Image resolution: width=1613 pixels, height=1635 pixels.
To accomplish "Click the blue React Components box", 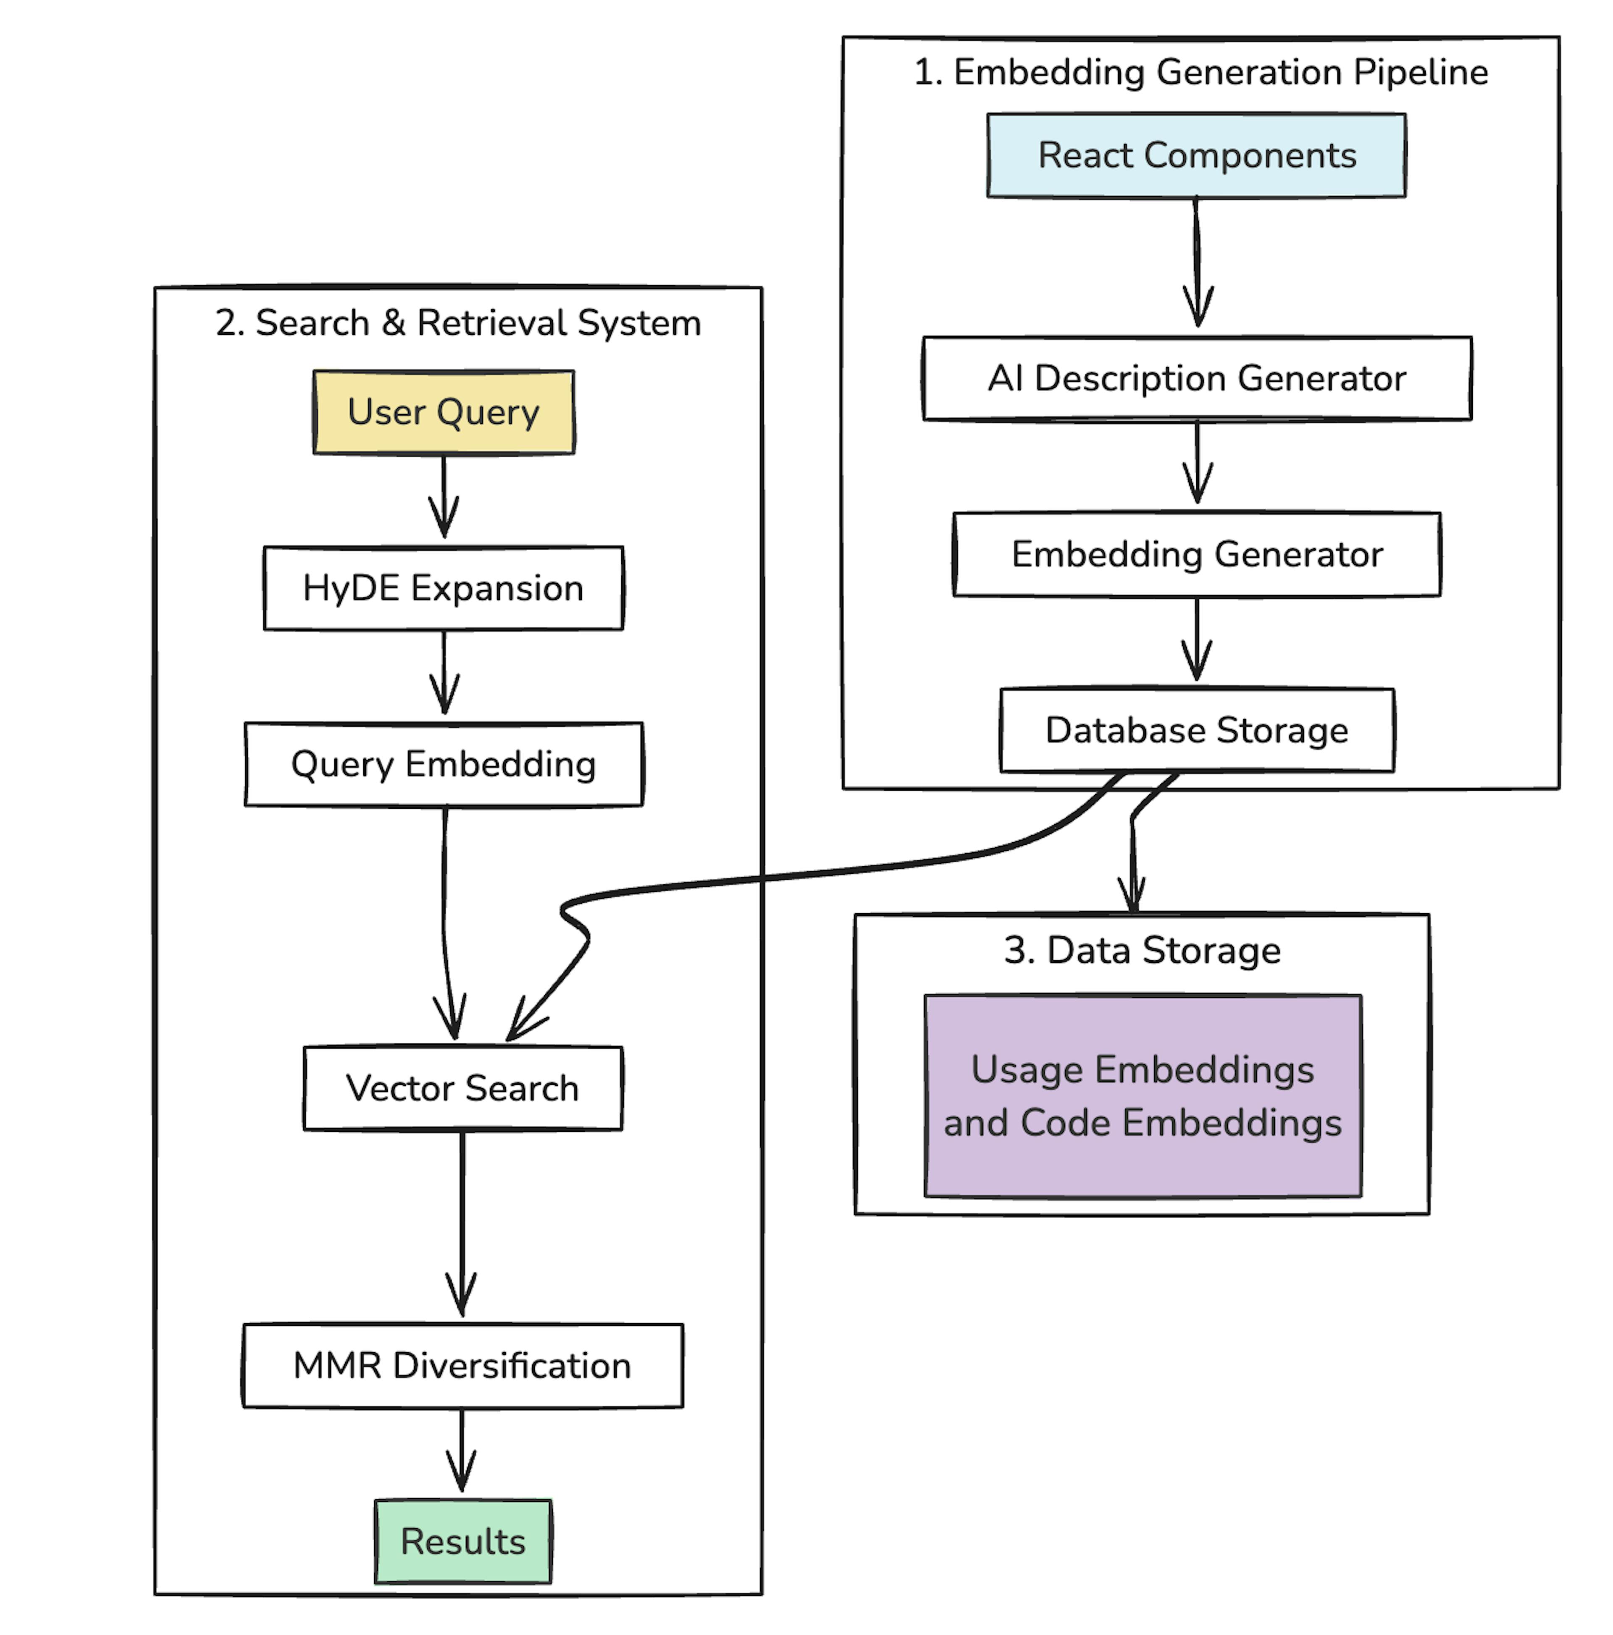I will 1196,156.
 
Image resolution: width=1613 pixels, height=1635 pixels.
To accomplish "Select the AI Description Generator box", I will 1196,378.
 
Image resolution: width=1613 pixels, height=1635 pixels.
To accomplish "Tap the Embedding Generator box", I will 1196,554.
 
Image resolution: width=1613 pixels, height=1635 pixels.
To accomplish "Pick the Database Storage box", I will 1196,731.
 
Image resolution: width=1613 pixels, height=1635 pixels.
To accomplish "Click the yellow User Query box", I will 444,412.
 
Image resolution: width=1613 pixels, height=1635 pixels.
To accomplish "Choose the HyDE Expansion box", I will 444,588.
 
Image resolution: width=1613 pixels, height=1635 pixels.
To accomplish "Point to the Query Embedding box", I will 444,764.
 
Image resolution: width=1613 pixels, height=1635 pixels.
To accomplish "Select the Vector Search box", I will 462,1088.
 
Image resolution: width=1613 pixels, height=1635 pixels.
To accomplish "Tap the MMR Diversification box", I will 462,1366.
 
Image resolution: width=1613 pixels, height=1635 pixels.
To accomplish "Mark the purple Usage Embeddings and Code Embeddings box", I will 1143,1096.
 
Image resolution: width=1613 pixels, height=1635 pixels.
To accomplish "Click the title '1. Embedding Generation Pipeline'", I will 1200,72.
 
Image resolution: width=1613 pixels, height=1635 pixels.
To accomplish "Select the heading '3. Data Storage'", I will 1142,950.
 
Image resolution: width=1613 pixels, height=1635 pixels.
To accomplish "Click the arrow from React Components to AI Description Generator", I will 1197,262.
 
